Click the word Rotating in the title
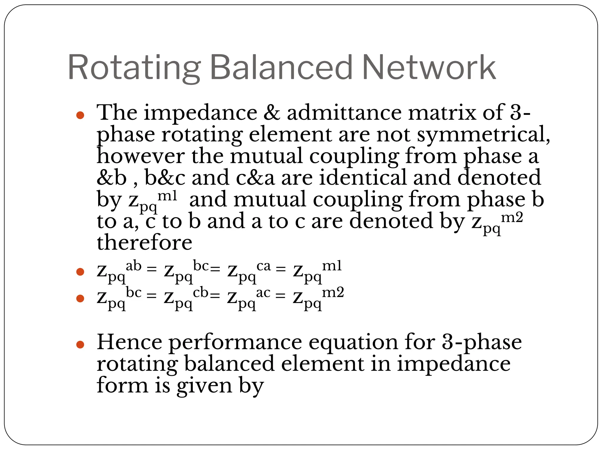tap(134, 68)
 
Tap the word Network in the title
tap(429, 68)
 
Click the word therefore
tap(144, 243)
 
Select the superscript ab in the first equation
tap(134, 266)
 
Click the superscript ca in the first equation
tap(263, 266)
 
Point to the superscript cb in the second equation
tap(200, 292)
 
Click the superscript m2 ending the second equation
tap(333, 292)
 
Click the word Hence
tap(129, 342)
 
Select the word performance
tap(235, 343)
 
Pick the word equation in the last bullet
tap(353, 343)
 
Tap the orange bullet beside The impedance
tap(80, 115)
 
